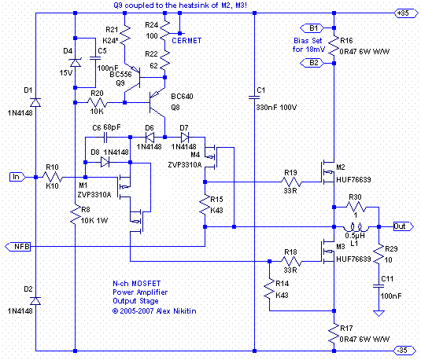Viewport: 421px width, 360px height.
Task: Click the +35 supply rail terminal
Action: pyautogui.click(x=406, y=13)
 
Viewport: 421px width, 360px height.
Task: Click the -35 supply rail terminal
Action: pyautogui.click(x=406, y=351)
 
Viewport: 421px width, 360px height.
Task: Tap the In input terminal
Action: pyautogui.click(x=17, y=177)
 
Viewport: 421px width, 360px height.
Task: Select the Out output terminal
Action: pyautogui.click(x=403, y=226)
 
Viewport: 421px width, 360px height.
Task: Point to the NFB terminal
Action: pyautogui.click(x=18, y=247)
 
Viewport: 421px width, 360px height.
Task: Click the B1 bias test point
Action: pyautogui.click(x=312, y=28)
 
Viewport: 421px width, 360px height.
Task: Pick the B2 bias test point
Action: pyautogui.click(x=312, y=63)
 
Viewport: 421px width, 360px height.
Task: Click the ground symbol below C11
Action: pyautogui.click(x=379, y=313)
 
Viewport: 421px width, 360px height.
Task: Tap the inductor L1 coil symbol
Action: pyautogui.click(x=356, y=227)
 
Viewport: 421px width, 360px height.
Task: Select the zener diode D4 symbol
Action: pyautogui.click(x=76, y=63)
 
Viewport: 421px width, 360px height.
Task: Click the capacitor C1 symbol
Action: pyautogui.click(x=254, y=97)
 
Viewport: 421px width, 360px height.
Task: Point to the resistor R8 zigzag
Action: pyautogui.click(x=76, y=214)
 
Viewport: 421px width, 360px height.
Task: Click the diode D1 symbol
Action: pyautogui.click(x=35, y=102)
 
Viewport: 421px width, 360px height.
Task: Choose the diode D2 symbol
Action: pyautogui.click(x=35, y=300)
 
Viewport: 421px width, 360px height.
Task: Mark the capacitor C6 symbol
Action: pyautogui.click(x=105, y=138)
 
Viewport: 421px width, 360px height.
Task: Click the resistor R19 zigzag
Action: pyautogui.click(x=291, y=182)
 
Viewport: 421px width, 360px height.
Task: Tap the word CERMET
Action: pyautogui.click(x=186, y=41)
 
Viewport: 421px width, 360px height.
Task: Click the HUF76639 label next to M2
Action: pyautogui.click(x=353, y=179)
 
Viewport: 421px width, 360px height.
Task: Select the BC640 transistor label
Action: pyautogui.click(x=182, y=97)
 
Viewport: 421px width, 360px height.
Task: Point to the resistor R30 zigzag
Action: pyautogui.click(x=356, y=207)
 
